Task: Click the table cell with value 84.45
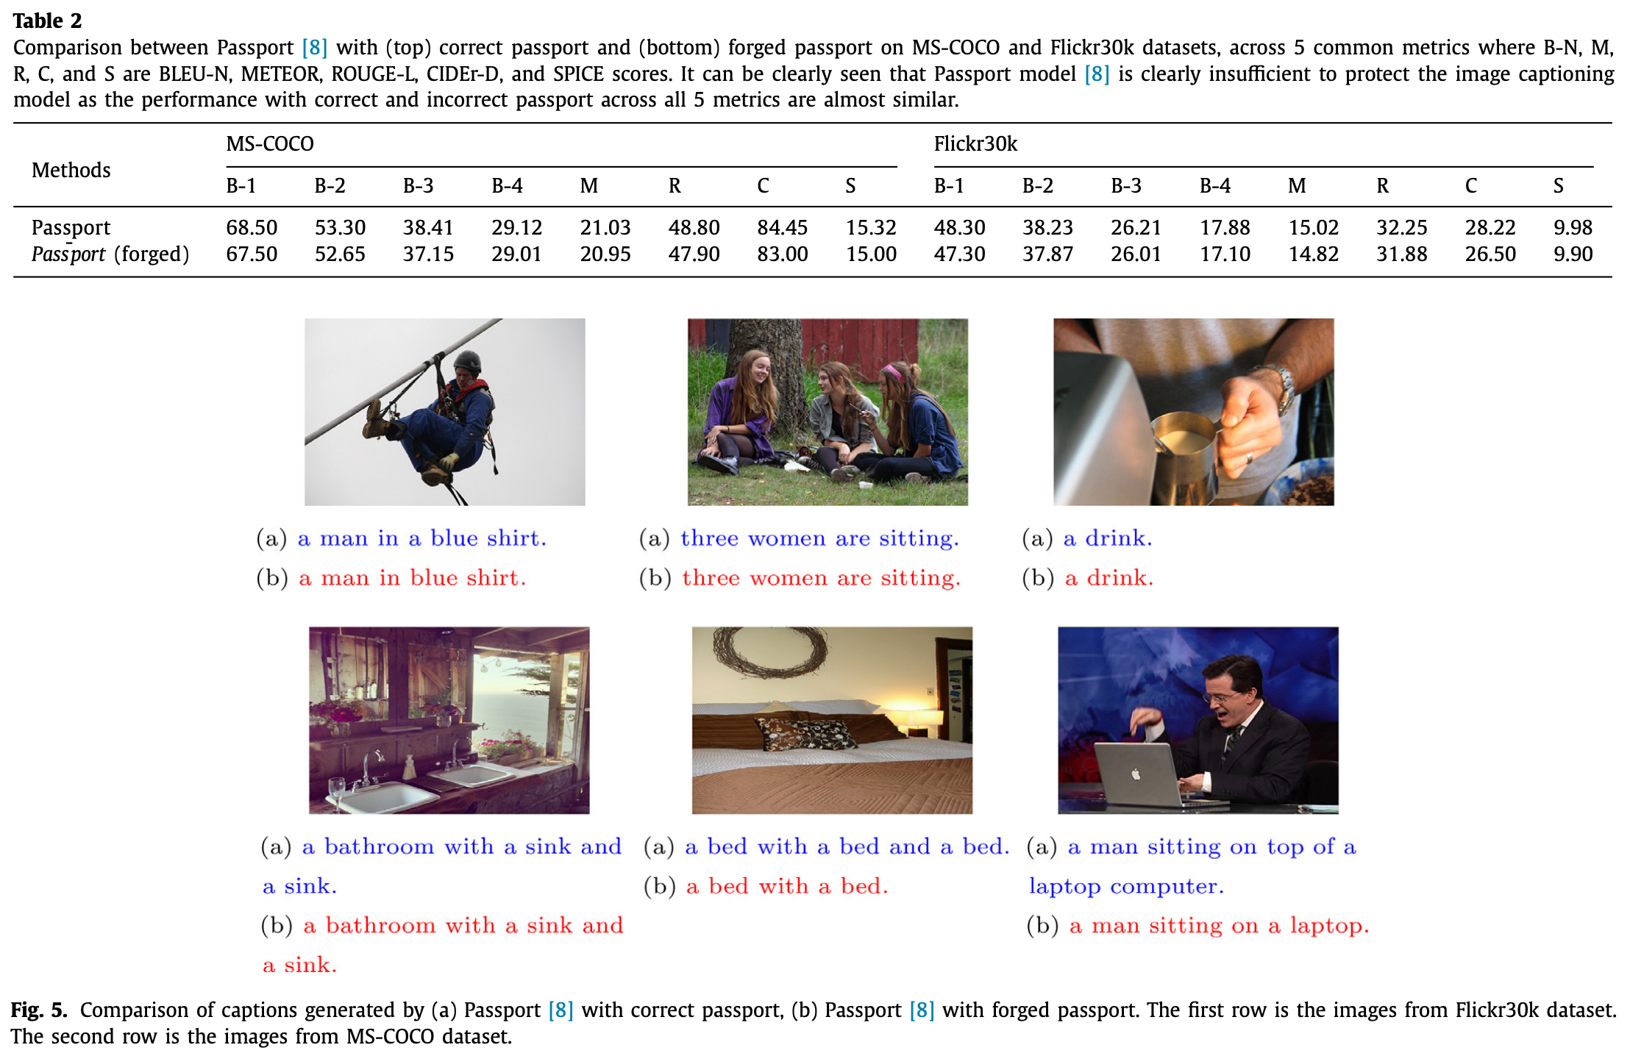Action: click(x=782, y=227)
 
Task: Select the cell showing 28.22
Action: click(x=1490, y=227)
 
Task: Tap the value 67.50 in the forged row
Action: click(x=252, y=254)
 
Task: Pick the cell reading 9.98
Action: click(x=1573, y=227)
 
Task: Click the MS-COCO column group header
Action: click(x=269, y=143)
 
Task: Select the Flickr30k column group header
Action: click(x=975, y=143)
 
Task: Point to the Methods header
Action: click(x=71, y=170)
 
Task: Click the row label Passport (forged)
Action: click(x=110, y=254)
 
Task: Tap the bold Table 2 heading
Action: click(x=47, y=21)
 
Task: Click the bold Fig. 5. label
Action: click(x=39, y=1010)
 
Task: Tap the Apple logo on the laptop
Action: click(x=1135, y=774)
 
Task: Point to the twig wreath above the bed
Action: click(x=769, y=651)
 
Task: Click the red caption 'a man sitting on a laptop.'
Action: click(x=1219, y=925)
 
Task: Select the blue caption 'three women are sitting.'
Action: click(x=819, y=538)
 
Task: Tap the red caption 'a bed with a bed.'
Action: click(x=787, y=886)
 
